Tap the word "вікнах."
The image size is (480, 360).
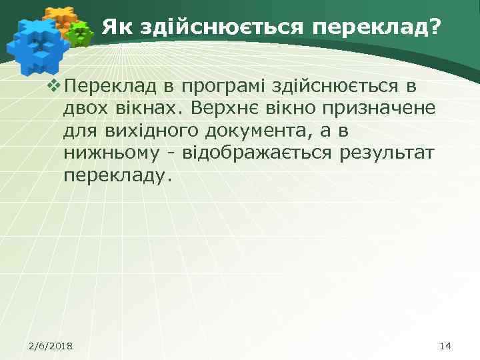[153, 108]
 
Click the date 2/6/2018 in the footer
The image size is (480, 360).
[51, 345]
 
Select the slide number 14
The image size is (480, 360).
[446, 345]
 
